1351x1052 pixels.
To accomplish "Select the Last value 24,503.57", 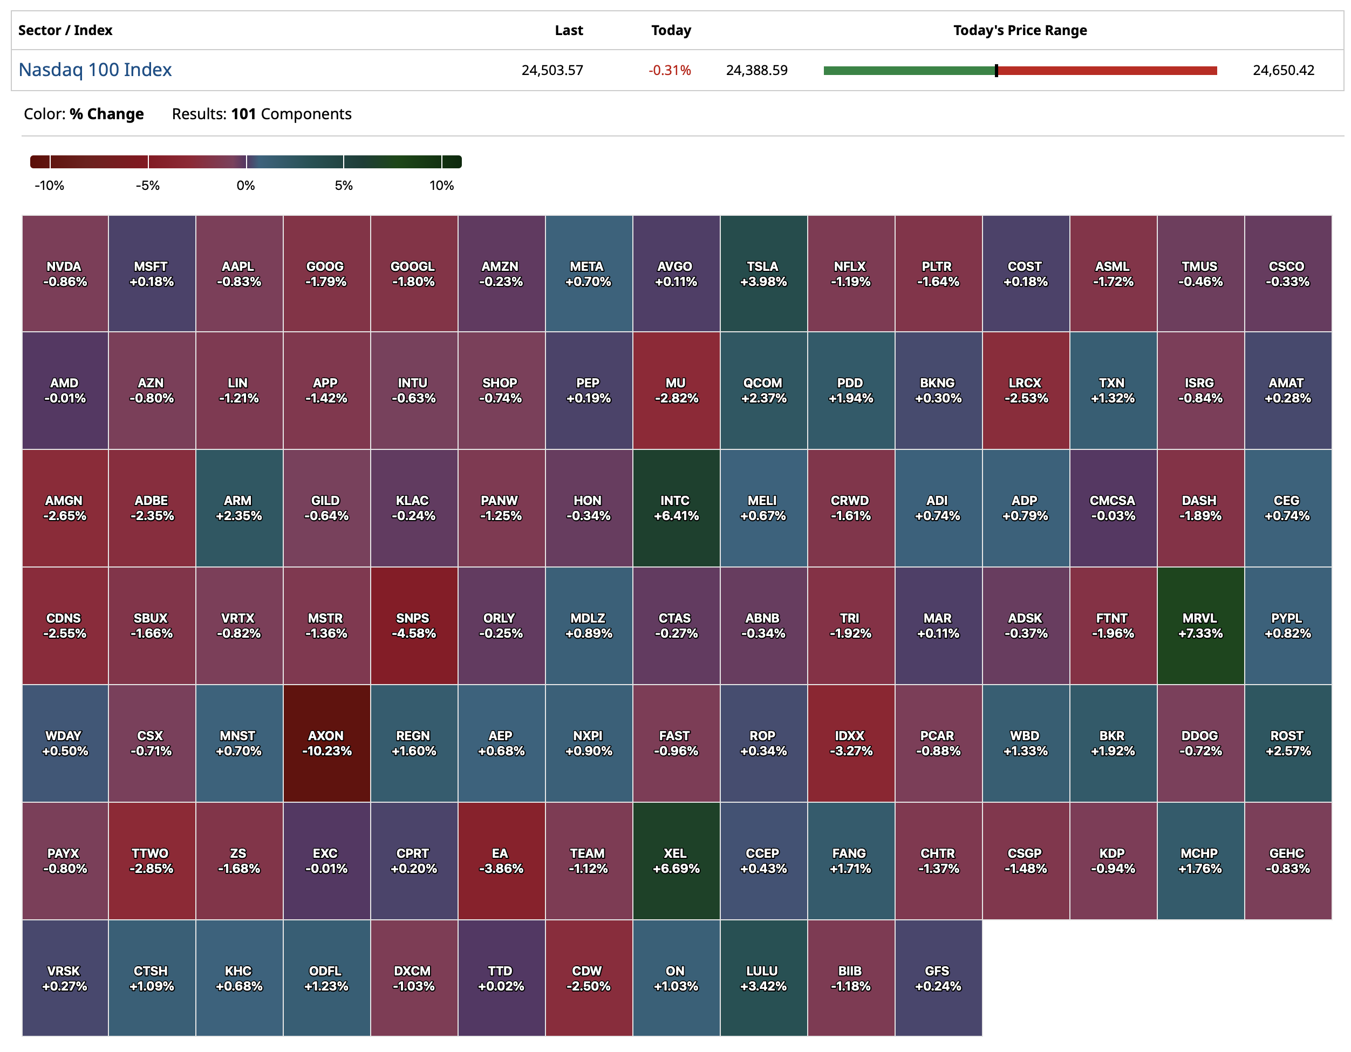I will pyautogui.click(x=552, y=71).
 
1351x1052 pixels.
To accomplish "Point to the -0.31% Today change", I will pyautogui.click(x=670, y=71).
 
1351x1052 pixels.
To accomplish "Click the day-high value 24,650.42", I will pyautogui.click(x=1283, y=71).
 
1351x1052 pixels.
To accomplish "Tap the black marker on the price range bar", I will pyautogui.click(x=996, y=71).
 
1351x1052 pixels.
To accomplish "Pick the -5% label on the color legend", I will pyautogui.click(x=148, y=186).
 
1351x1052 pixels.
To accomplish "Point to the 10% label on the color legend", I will pyautogui.click(x=442, y=186).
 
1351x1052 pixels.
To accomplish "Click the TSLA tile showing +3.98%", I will pyautogui.click(x=763, y=274).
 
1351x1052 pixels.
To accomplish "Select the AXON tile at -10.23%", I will pyautogui.click(x=326, y=743).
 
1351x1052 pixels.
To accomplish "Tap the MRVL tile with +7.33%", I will pyautogui.click(x=1200, y=626).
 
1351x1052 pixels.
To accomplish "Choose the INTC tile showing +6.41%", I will pyautogui.click(x=675, y=508).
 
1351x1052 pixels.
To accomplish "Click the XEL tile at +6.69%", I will pyautogui.click(x=675, y=861).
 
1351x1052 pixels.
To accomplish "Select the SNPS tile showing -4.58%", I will pyautogui.click(x=414, y=626).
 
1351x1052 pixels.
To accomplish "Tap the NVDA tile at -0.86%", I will pyautogui.click(x=65, y=274).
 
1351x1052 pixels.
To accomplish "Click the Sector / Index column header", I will pyautogui.click(x=65, y=30).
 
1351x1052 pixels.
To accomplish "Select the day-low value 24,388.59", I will pyautogui.click(x=756, y=71).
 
